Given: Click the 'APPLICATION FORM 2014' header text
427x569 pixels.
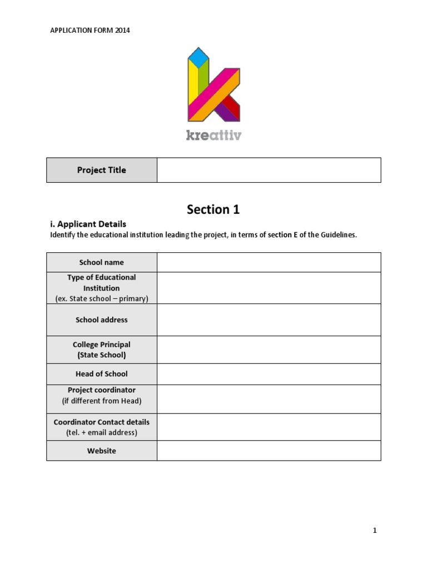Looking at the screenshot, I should pyautogui.click(x=90, y=31).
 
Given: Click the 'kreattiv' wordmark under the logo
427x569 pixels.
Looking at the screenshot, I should pyautogui.click(x=213, y=135).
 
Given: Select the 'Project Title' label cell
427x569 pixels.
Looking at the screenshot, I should pyautogui.click(x=102, y=170).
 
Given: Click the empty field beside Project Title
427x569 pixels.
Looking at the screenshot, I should pyautogui.click(x=269, y=170).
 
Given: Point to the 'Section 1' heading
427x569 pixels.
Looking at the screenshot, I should pyautogui.click(x=213, y=209).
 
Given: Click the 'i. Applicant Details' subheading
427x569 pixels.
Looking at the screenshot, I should pyautogui.click(x=88, y=224).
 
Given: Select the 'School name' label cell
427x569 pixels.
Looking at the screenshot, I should pyautogui.click(x=102, y=262).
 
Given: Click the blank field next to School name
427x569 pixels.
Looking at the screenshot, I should pyautogui.click(x=269, y=262).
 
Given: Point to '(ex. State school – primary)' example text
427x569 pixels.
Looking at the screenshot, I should pyautogui.click(x=102, y=298).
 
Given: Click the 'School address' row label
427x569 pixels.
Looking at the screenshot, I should pyautogui.click(x=102, y=320).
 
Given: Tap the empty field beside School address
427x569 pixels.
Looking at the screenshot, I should pyautogui.click(x=269, y=320).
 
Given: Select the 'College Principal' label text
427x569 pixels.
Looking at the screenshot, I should pyautogui.click(x=102, y=345).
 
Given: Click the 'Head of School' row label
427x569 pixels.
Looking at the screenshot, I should pyautogui.click(x=102, y=374).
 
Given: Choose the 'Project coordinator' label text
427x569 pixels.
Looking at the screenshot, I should pyautogui.click(x=102, y=390).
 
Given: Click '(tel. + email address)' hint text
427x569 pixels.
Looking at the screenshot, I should pyautogui.click(x=102, y=432).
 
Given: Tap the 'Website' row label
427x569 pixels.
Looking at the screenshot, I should pyautogui.click(x=102, y=451).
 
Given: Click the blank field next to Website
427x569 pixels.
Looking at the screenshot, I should pyautogui.click(x=269, y=451).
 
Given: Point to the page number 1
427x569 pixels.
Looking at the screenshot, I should pyautogui.click(x=375, y=531).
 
